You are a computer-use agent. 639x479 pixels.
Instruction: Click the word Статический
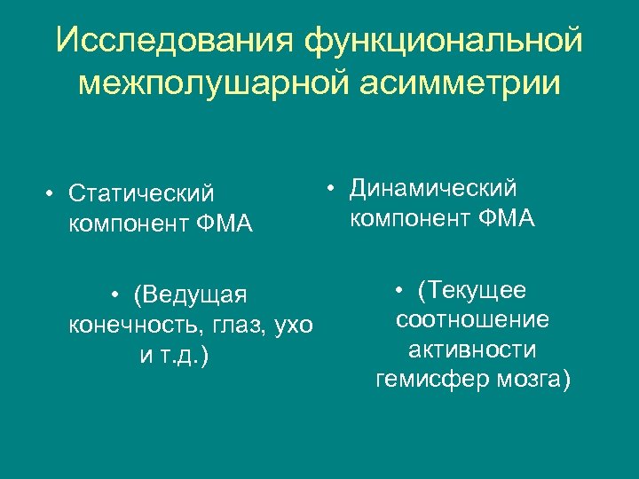[x=141, y=192]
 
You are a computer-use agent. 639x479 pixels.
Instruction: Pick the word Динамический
[x=433, y=187]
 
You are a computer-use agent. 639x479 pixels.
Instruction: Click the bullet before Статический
[x=52, y=193]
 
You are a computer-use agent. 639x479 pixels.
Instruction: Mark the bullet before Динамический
[x=329, y=187]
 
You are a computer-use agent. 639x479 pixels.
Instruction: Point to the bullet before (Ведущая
[x=115, y=294]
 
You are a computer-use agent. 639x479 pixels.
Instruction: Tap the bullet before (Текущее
[x=401, y=290]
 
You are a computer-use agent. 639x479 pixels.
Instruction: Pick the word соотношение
[x=472, y=319]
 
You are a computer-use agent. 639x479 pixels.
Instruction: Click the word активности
[x=472, y=349]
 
